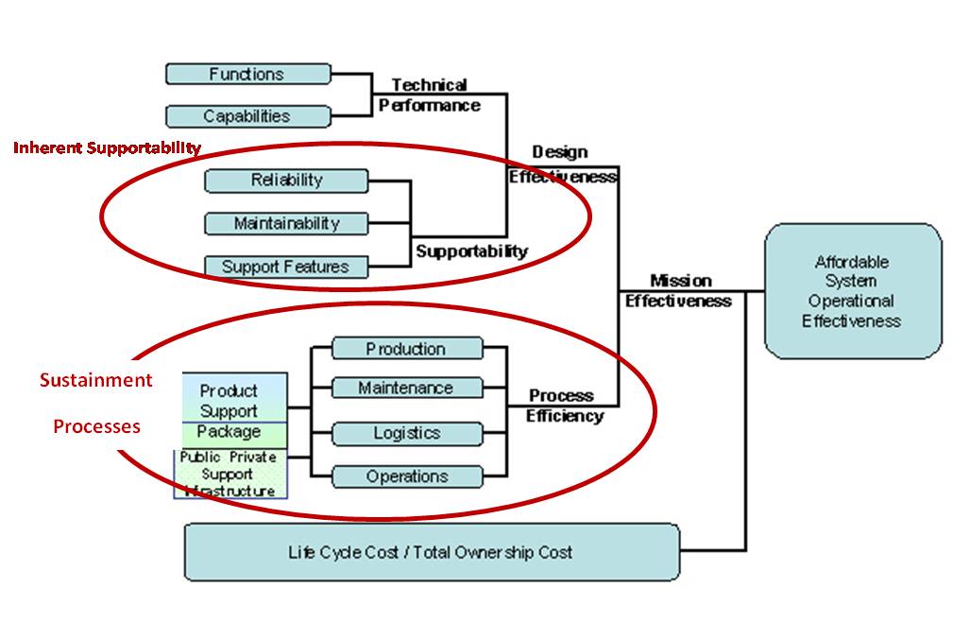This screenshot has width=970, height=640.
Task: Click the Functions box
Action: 247,74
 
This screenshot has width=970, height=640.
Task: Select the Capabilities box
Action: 247,116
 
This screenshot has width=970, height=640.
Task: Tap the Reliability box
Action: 286,180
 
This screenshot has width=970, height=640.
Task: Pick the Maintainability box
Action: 286,223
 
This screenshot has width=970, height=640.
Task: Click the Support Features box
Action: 286,267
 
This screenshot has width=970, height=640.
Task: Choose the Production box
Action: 406,349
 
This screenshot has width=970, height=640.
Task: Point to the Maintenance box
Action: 406,388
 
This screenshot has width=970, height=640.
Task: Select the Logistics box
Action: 406,433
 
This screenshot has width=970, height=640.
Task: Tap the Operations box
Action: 406,476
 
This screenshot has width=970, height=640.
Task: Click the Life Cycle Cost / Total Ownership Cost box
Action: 431,552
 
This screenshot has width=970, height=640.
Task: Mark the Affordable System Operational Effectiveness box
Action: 852,291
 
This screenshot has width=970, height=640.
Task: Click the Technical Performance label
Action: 430,95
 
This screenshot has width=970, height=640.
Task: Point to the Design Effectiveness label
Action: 561,164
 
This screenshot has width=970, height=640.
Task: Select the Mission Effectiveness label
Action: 679,291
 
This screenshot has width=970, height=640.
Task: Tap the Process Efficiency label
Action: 565,406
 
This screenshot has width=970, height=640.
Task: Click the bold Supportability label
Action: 471,251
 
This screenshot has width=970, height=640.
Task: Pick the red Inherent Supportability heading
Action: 107,147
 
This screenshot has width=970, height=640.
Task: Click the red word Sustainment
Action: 95,380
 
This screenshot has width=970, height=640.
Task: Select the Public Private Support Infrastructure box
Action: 230,474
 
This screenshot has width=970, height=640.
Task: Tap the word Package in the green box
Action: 229,432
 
